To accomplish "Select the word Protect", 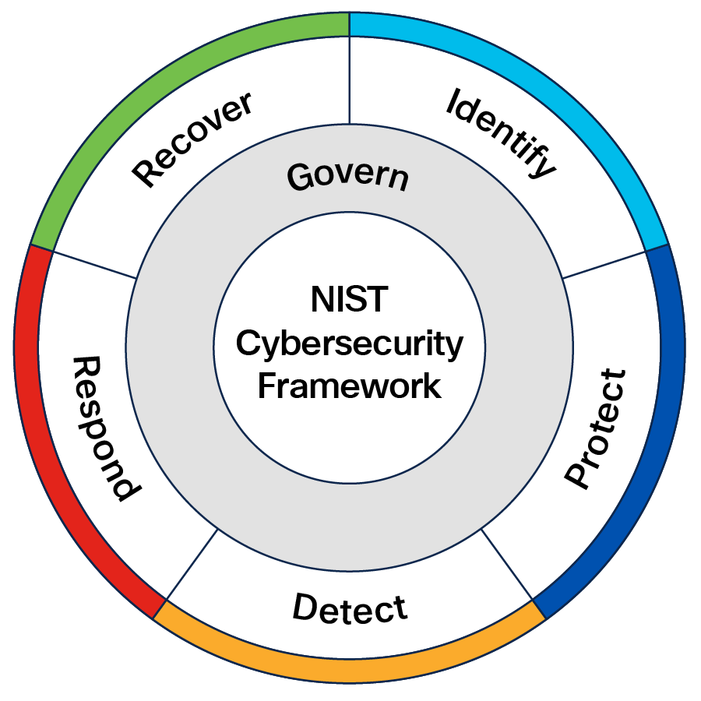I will (x=595, y=429).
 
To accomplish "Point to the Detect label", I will (x=350, y=608).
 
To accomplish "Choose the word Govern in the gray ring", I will (x=347, y=176).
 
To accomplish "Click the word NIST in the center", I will (x=349, y=300).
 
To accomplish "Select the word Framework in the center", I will (x=349, y=386).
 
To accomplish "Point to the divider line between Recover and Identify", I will (x=350, y=78).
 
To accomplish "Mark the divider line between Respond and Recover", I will (x=93, y=263).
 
